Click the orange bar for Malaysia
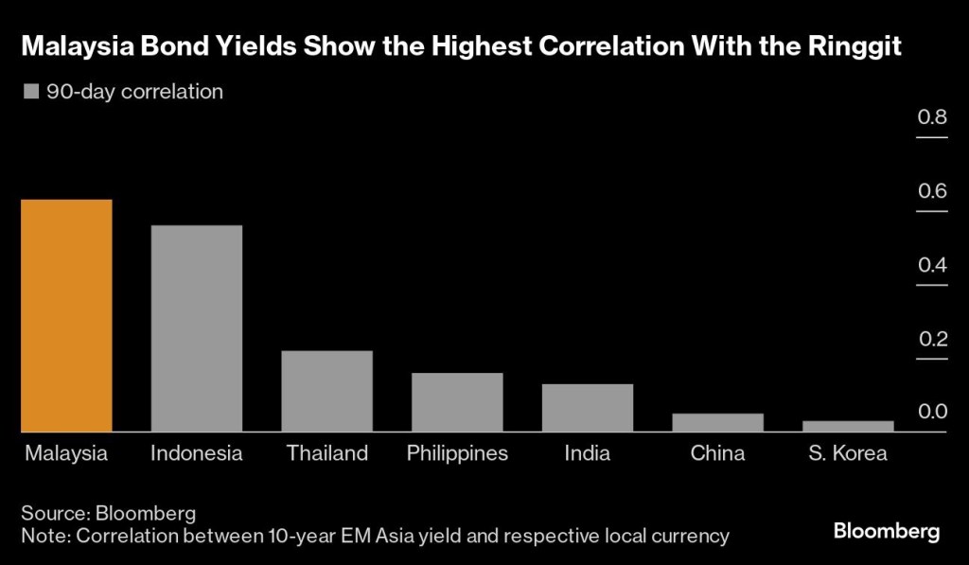pyautogui.click(x=67, y=315)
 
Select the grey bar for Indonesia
pyautogui.click(x=197, y=328)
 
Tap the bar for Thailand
pyautogui.click(x=327, y=391)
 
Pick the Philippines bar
pyautogui.click(x=457, y=402)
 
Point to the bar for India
pyautogui.click(x=588, y=408)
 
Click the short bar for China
pyautogui.click(x=717, y=422)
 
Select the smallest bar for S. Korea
pyautogui.click(x=847, y=426)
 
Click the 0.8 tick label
pyautogui.click(x=932, y=117)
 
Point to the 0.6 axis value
pyautogui.click(x=932, y=191)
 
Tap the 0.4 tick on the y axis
pyautogui.click(x=932, y=265)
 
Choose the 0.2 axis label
pyautogui.click(x=932, y=339)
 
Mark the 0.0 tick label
pyautogui.click(x=932, y=412)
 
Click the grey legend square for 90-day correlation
pyautogui.click(x=30, y=92)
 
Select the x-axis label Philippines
pyautogui.click(x=457, y=453)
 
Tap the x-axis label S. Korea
pyautogui.click(x=847, y=453)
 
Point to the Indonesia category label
pyautogui.click(x=197, y=453)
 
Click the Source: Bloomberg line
pyautogui.click(x=109, y=513)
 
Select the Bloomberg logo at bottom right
pyautogui.click(x=887, y=531)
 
